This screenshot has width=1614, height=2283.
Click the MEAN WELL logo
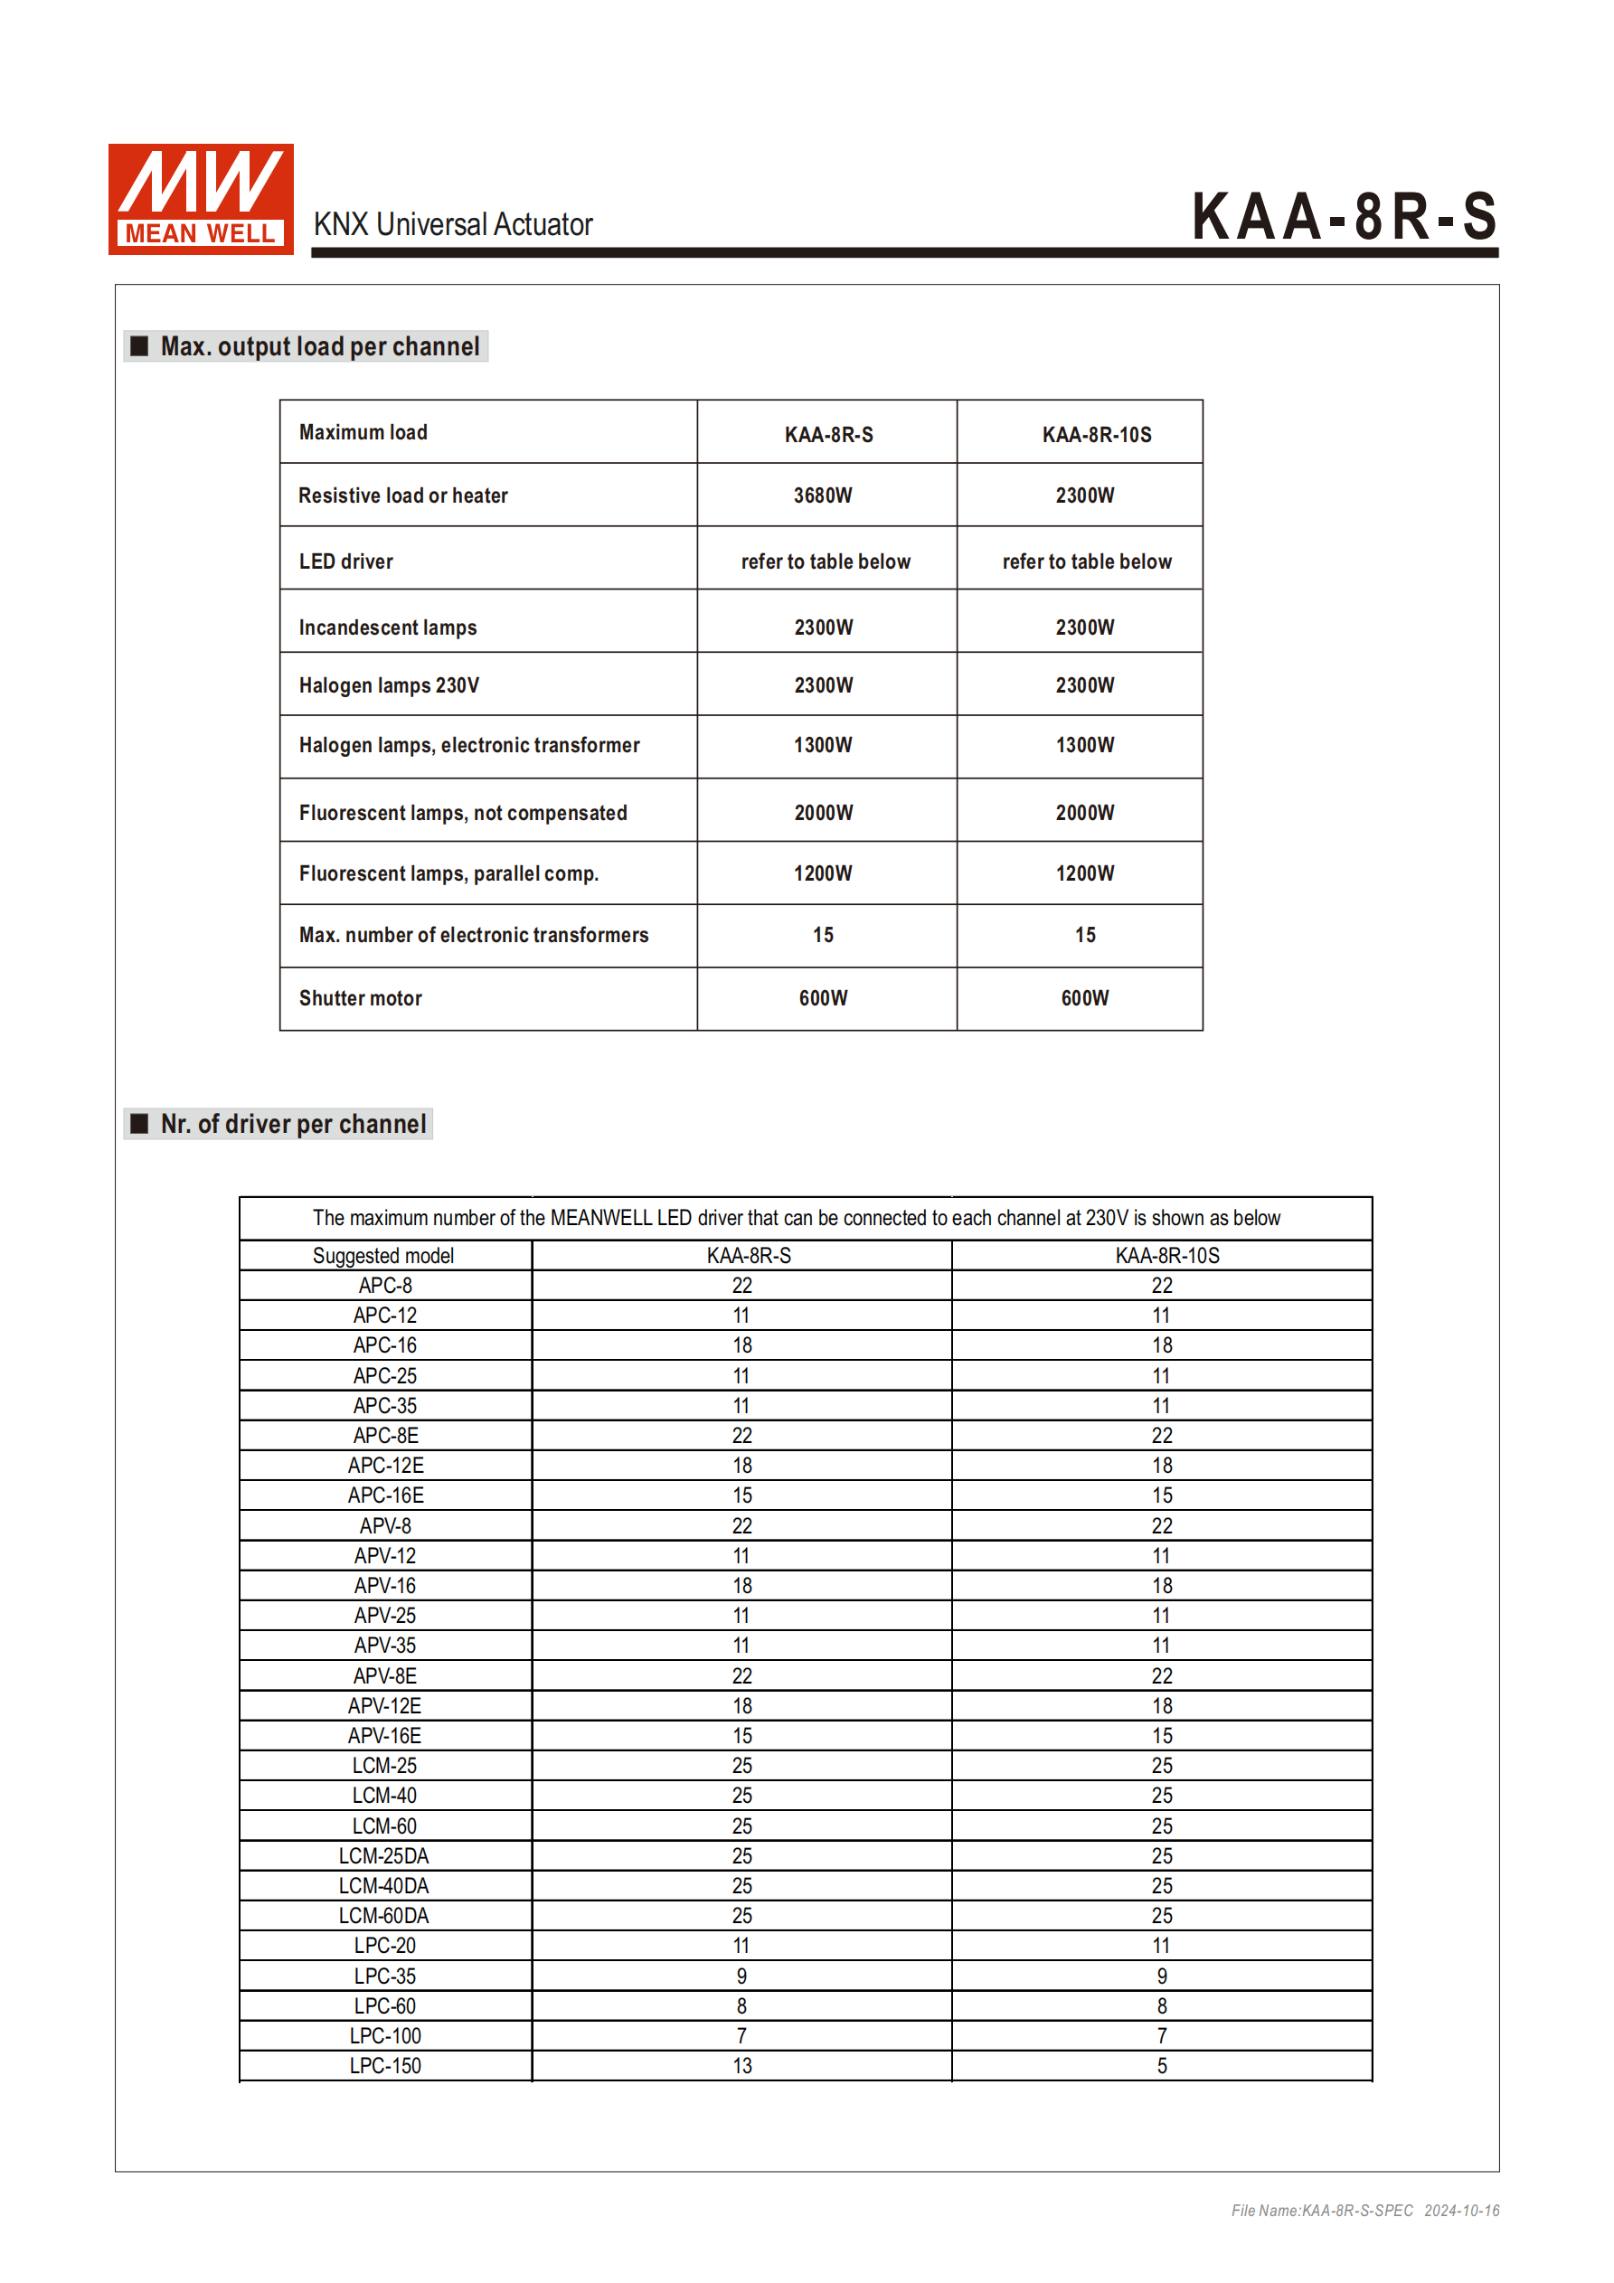tap(201, 199)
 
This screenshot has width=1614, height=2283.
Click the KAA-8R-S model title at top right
tap(1344, 216)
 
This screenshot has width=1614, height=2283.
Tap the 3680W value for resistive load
tap(823, 495)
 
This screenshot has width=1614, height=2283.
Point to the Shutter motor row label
tap(360, 998)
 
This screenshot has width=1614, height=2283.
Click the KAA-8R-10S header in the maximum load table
tap(1096, 435)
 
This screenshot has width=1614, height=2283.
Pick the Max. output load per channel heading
tap(319, 346)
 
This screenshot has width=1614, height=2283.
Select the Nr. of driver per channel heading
tap(293, 1124)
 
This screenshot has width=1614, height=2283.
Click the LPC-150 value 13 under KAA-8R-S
tap(741, 2065)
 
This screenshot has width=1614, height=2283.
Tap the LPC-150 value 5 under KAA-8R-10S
tap(1162, 2065)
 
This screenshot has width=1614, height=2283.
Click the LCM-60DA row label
tap(384, 1915)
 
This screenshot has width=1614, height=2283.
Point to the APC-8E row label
tap(386, 1435)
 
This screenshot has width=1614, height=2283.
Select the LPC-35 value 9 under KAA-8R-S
tap(741, 1976)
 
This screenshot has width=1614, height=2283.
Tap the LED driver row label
tap(346, 561)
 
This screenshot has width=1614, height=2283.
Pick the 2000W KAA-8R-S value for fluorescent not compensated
tap(824, 812)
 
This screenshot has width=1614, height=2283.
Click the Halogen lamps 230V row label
tap(389, 685)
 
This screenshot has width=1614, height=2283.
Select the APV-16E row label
tap(385, 1735)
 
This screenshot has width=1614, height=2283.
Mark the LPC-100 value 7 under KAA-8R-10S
tap(1162, 2035)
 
